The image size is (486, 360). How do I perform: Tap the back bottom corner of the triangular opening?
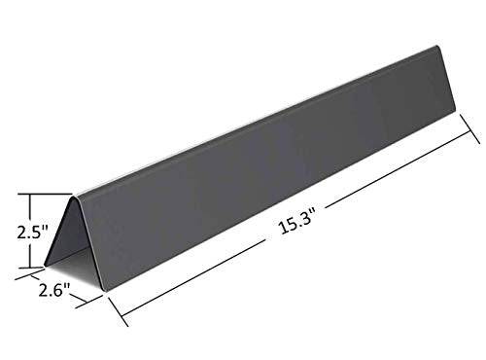[x=45, y=263]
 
